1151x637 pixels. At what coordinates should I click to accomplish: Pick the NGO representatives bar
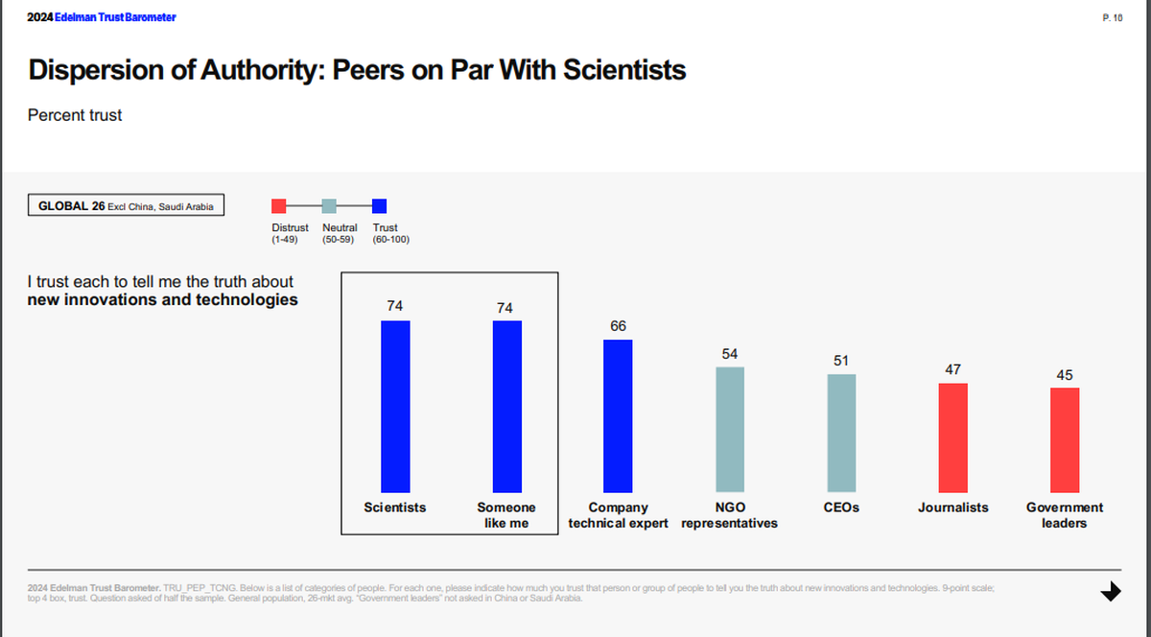[x=730, y=429]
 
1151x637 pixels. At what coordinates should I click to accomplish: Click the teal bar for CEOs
[x=841, y=433]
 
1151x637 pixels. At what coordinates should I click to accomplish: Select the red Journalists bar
[x=952, y=437]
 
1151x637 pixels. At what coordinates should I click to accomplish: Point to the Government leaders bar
[x=1065, y=439]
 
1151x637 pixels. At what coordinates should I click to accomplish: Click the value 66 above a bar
[x=618, y=326]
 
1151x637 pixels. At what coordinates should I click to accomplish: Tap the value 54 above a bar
[x=730, y=354]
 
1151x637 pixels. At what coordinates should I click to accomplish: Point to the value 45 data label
[x=1065, y=375]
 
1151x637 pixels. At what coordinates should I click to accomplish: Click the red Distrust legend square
[x=279, y=205]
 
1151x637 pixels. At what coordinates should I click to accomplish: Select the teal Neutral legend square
[x=329, y=205]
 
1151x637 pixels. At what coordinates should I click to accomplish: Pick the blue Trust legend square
[x=379, y=205]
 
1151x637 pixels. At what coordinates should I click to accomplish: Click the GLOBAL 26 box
[x=126, y=205]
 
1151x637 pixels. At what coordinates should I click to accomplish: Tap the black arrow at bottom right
[x=1111, y=591]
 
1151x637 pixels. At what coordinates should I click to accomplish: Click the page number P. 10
[x=1113, y=18]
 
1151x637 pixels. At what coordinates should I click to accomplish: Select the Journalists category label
[x=952, y=507]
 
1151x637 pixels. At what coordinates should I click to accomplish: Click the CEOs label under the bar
[x=841, y=507]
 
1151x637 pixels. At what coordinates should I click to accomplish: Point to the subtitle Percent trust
[x=75, y=115]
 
